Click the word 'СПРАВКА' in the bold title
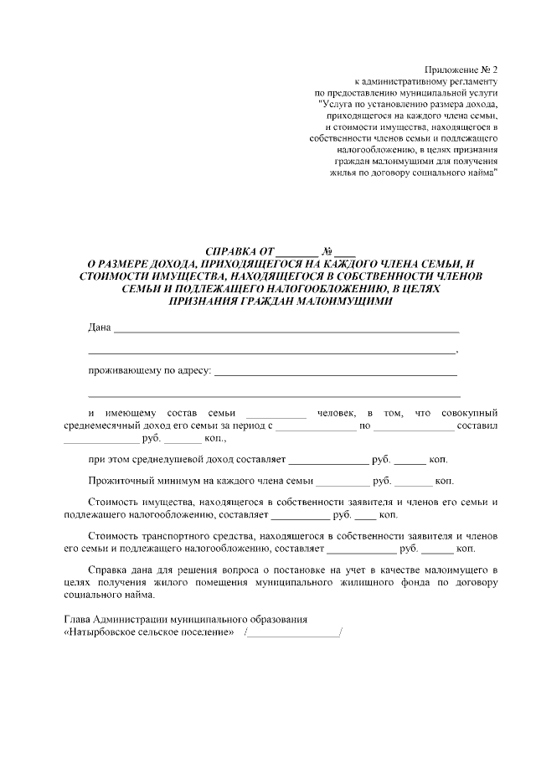232,251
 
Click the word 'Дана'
100,327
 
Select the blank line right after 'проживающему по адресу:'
336,371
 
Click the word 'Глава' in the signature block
78,619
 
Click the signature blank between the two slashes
294,632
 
